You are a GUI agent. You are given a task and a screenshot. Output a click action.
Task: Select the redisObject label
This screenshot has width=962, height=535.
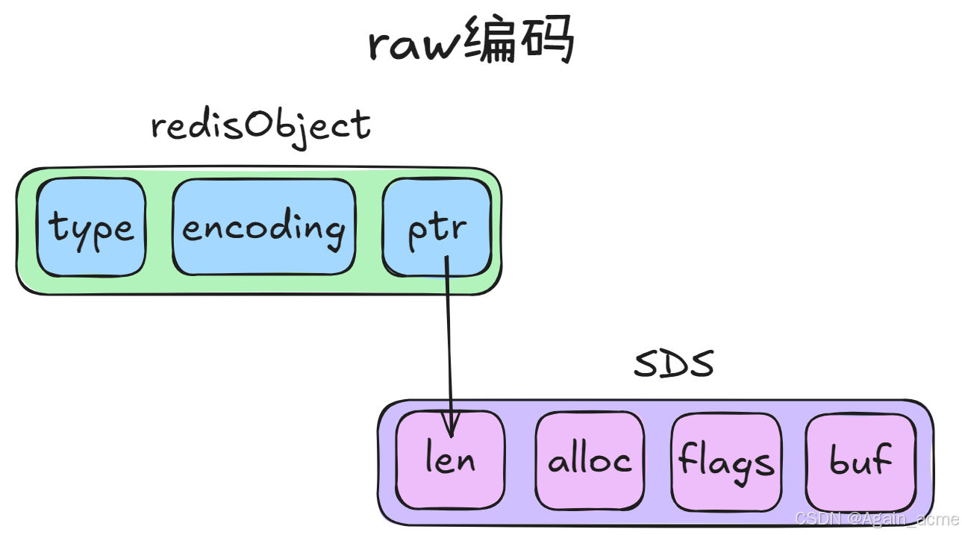tap(261, 125)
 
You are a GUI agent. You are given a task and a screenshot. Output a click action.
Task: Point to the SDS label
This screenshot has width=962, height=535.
tap(673, 364)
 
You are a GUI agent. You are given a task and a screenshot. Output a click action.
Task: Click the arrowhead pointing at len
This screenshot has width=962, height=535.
tap(450, 428)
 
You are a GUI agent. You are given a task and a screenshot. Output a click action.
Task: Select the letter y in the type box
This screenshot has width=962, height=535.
tap(82, 231)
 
